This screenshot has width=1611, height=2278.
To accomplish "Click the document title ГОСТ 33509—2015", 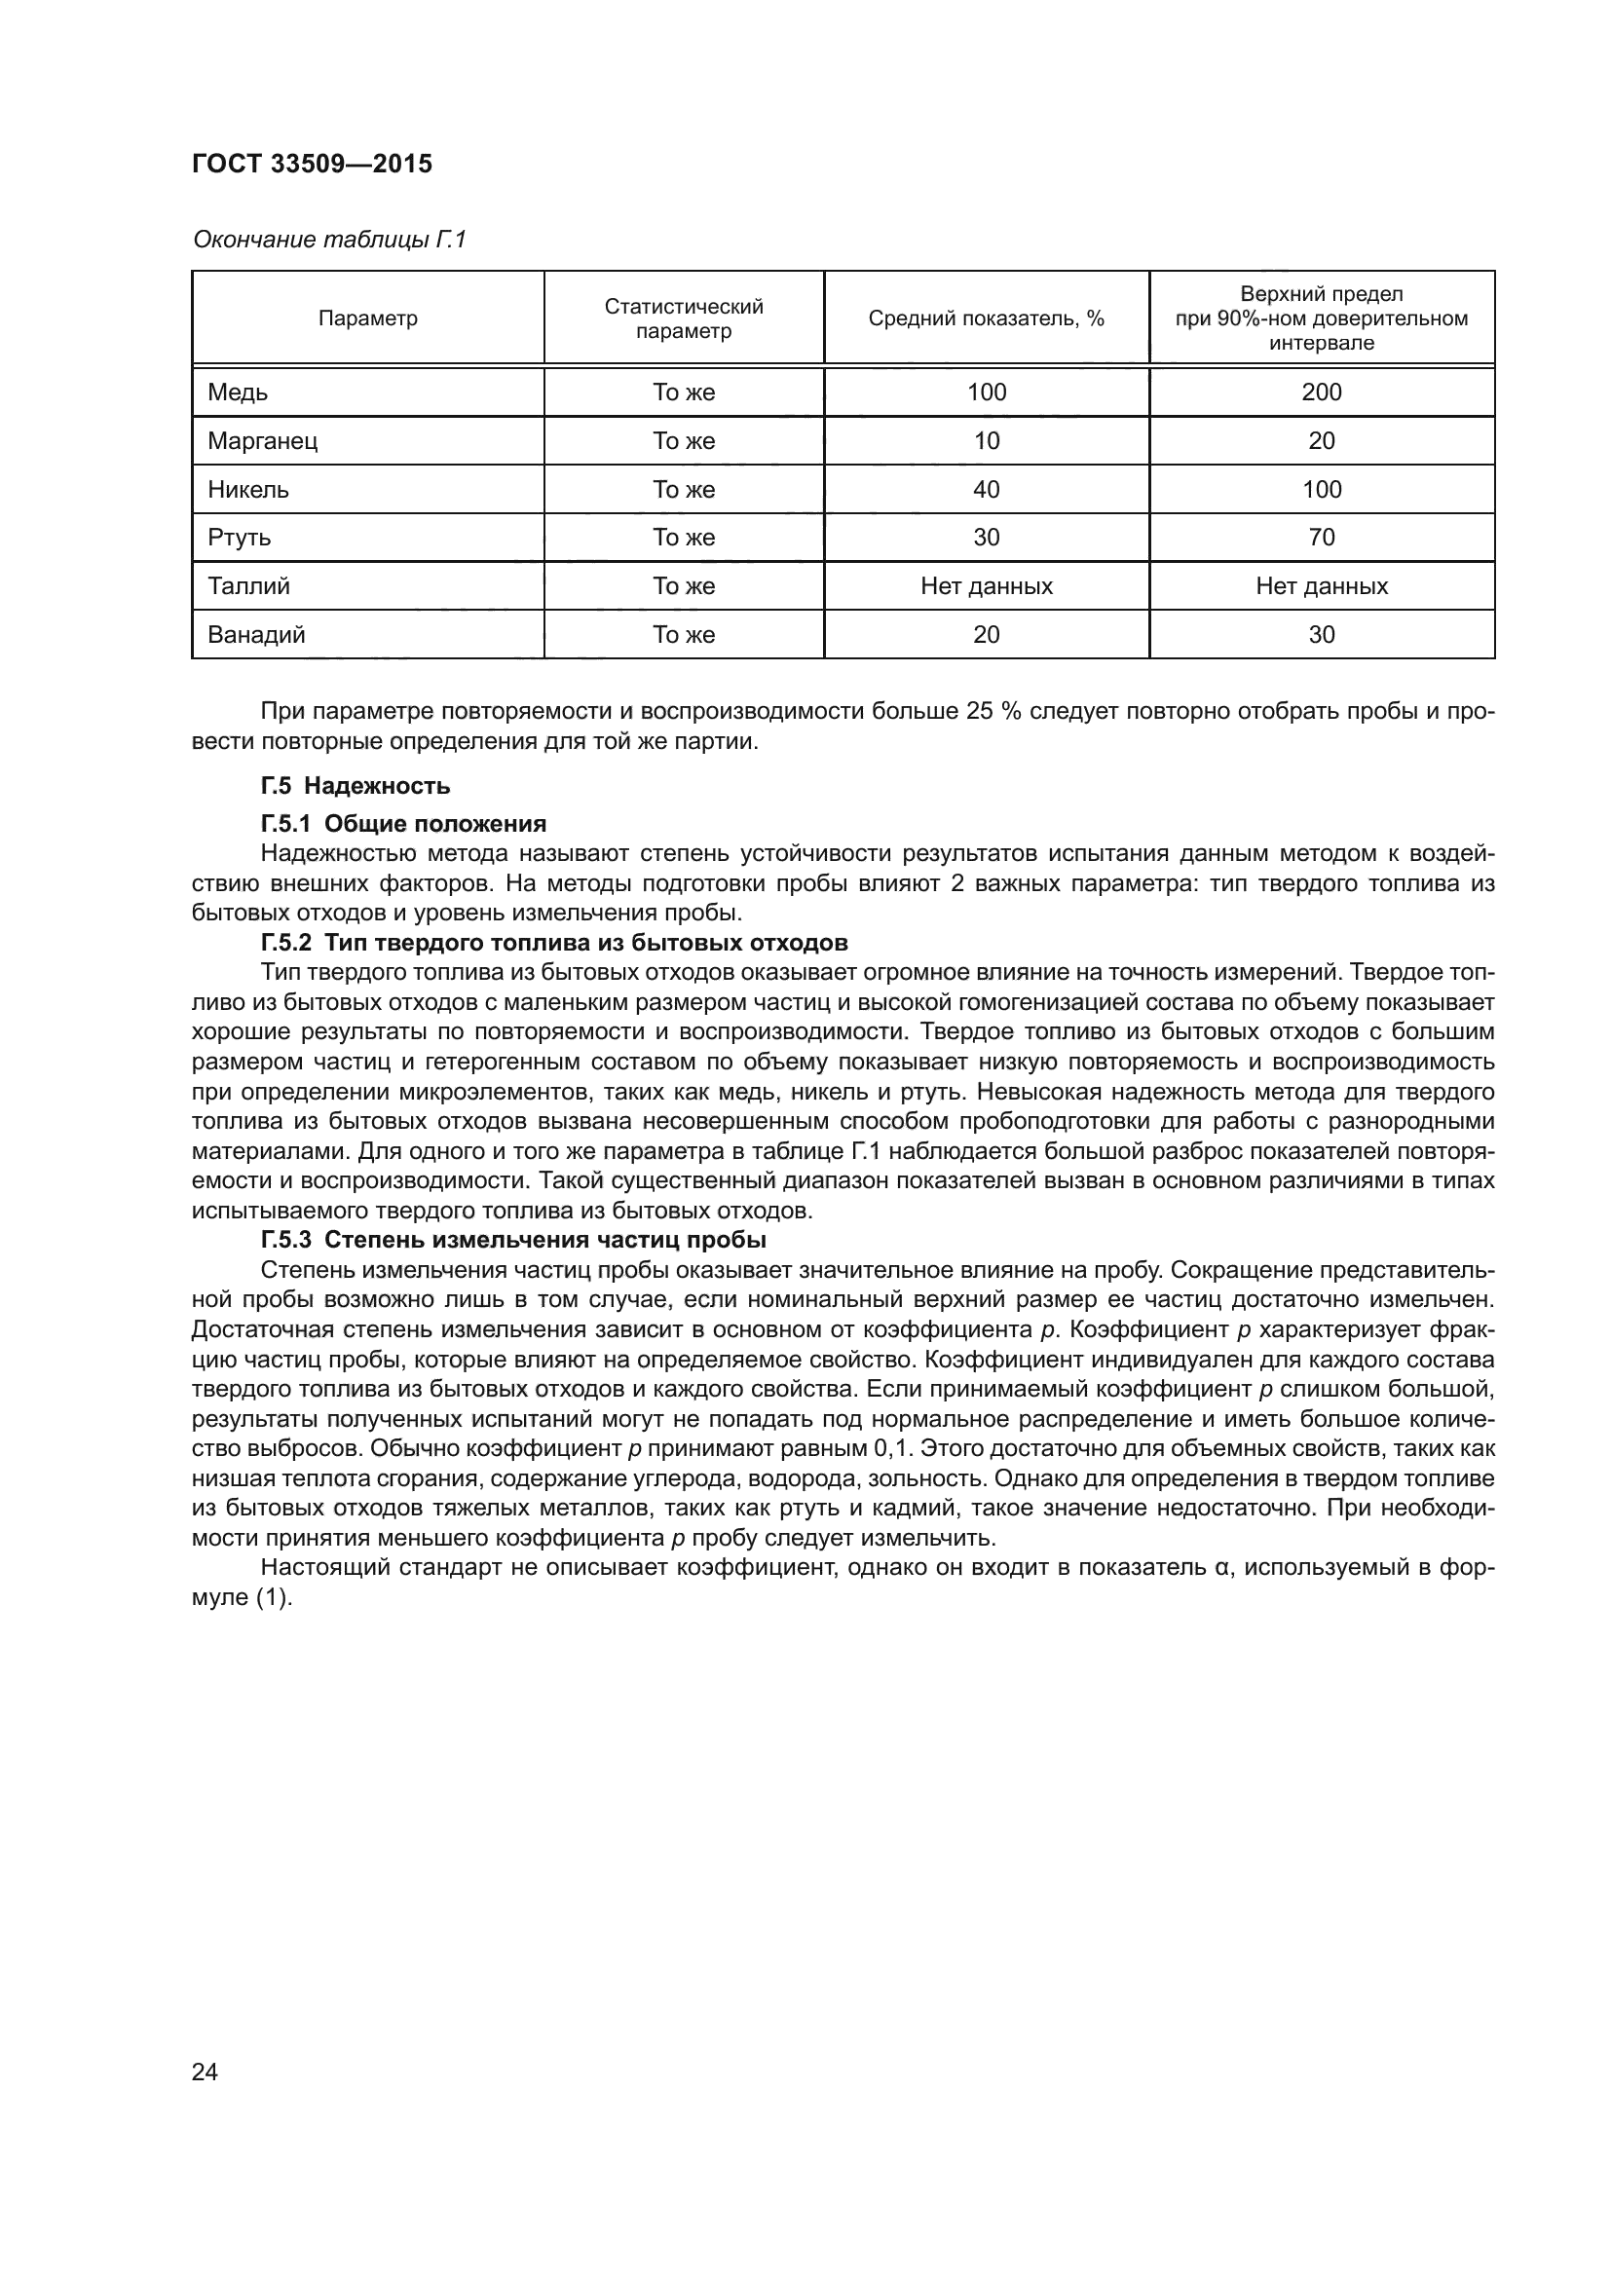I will [312, 164].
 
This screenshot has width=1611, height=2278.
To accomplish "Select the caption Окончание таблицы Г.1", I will [328, 241].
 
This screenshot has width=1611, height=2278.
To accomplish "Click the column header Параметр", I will [368, 318].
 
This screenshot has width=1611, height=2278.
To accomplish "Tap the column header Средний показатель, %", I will [986, 318].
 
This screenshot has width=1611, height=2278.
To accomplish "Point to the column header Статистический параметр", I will [684, 318].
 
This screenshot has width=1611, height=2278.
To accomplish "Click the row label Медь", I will [238, 392].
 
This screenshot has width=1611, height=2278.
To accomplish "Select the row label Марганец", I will [263, 440].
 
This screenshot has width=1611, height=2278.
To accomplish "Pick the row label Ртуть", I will [239, 538].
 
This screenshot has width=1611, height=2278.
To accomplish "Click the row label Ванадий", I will [256, 635].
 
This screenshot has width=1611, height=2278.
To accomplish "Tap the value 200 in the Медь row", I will [1322, 392].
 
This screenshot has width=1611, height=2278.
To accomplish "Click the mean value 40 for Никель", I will [986, 489].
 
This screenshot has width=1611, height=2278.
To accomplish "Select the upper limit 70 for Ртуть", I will [1322, 538].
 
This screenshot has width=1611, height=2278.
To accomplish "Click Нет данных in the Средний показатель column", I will [986, 586].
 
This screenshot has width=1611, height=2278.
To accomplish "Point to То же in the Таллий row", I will [684, 586].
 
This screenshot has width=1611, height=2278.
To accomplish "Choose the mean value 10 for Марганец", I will [986, 440].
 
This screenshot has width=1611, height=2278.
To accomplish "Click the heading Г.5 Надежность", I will [356, 786].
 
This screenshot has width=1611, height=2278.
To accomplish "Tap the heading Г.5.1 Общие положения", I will [403, 824].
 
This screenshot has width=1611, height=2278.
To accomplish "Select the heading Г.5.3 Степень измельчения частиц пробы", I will [513, 1240].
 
